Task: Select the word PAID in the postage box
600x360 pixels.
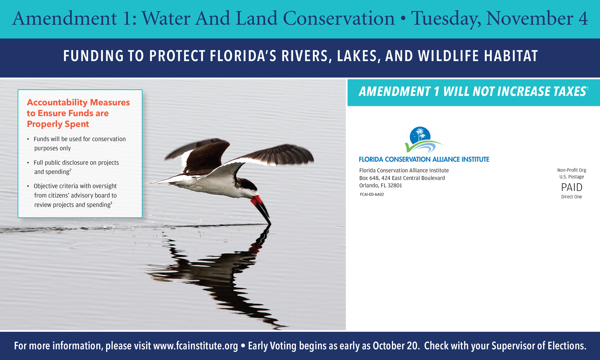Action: tap(572, 187)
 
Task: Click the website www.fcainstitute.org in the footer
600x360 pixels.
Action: tap(196, 346)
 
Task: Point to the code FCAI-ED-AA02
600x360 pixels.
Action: tap(372, 194)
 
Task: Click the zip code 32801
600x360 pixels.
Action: tap(395, 186)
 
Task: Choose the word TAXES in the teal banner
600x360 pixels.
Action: tap(569, 92)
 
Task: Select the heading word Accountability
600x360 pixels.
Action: tap(57, 102)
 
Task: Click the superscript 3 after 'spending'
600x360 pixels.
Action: tap(111, 203)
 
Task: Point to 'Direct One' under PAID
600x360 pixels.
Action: tap(572, 197)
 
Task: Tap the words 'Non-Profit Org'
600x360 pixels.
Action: tap(572, 170)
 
